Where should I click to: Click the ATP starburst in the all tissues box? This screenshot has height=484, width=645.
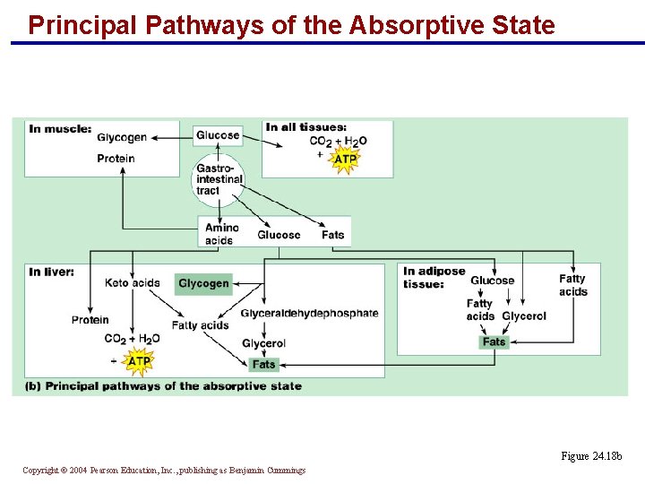(345, 160)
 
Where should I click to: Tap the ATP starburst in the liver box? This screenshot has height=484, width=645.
(139, 361)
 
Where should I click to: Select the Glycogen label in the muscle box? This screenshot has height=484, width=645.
(122, 137)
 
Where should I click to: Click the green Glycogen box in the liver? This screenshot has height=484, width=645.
(203, 283)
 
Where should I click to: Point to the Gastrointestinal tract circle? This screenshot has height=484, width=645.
(219, 179)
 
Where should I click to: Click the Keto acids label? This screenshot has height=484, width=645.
(132, 283)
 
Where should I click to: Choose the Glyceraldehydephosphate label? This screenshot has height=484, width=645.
(309, 313)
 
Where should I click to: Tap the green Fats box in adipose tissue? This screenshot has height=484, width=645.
(494, 341)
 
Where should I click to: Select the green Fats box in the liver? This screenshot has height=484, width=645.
(263, 364)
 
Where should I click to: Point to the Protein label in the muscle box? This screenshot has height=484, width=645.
(116, 159)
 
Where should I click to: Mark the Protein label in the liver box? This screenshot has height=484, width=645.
(90, 320)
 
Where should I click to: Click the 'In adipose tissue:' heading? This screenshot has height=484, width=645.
(434, 278)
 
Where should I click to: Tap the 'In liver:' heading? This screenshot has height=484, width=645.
(52, 272)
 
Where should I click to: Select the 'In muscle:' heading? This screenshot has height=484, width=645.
(60, 128)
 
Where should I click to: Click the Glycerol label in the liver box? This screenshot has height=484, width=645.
(263, 343)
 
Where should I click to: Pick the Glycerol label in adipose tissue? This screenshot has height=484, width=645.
(524, 315)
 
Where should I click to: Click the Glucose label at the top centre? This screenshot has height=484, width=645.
(219, 135)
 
